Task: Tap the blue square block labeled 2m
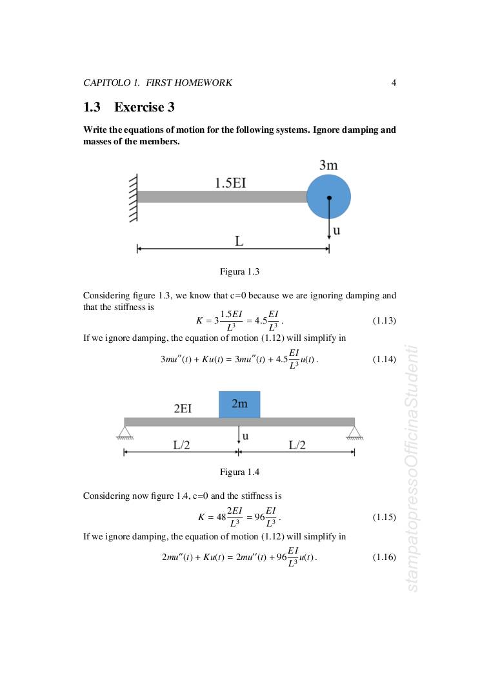point(239,404)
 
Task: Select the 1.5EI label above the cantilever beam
point(230,182)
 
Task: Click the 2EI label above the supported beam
point(183,409)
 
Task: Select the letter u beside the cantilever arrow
point(336,229)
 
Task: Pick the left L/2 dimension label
point(181,445)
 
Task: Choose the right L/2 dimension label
point(297,445)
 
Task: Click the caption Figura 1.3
point(239,272)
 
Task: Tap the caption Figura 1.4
point(239,472)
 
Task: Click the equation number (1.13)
point(385,320)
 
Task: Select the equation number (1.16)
point(385,557)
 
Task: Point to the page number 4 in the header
point(394,82)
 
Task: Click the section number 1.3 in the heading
point(92,107)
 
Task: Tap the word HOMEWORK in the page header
point(205,82)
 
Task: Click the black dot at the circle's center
point(329,197)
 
